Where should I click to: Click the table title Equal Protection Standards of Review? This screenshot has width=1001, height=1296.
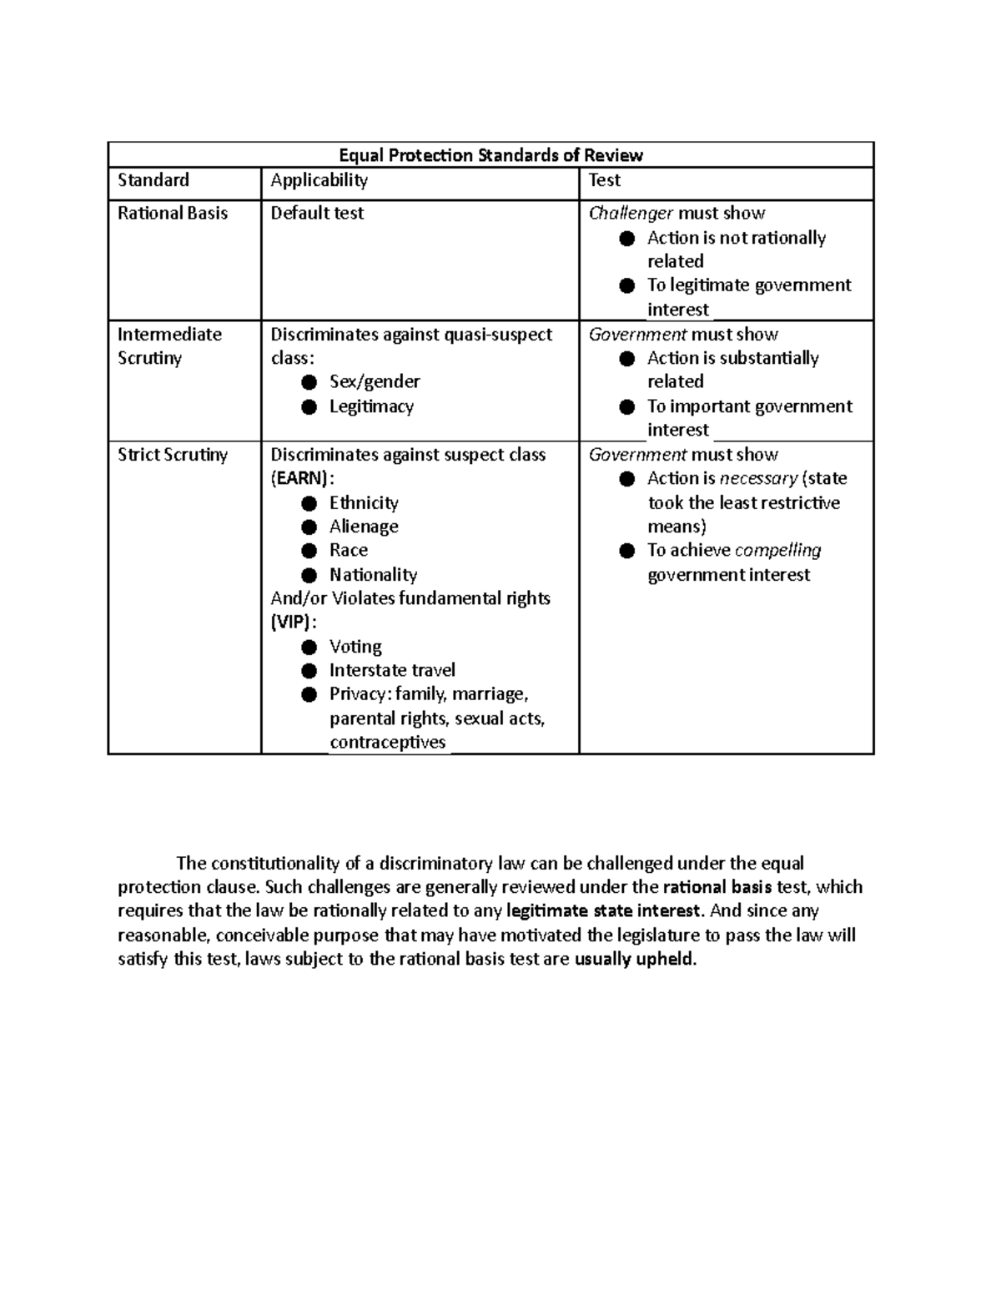pos(490,155)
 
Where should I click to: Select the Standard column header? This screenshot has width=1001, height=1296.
pos(153,180)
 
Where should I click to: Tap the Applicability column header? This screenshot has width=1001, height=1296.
pos(319,180)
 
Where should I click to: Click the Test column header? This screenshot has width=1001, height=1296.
pos(605,180)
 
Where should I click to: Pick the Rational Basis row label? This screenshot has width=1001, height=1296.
pos(173,214)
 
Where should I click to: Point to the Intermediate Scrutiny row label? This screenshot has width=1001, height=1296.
pos(169,346)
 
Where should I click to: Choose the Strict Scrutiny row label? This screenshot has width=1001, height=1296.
pos(173,455)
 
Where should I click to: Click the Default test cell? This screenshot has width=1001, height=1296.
pos(317,214)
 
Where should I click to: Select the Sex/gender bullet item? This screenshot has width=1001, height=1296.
pos(374,382)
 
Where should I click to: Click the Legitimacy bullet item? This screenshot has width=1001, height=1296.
pos(371,407)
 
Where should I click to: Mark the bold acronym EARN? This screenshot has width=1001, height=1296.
pos(301,479)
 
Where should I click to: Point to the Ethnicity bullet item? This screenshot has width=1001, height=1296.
pos(364,503)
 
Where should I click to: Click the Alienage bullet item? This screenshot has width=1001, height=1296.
pos(364,527)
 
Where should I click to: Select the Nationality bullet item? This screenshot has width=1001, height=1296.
pos(373,575)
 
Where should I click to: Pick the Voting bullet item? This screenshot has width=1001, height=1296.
pos(355,647)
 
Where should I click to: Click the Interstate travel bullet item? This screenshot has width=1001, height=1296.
pos(392,670)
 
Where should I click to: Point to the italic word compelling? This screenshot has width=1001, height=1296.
pos(777,551)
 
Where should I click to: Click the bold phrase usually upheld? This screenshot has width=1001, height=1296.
pos(634,959)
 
